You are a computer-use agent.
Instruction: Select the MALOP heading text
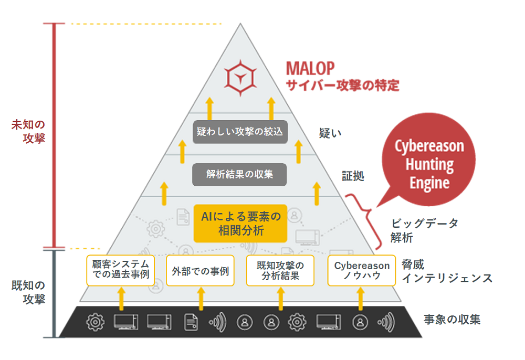311,68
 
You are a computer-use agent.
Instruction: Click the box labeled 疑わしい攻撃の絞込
240,132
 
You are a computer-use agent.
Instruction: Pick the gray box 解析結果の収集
239,174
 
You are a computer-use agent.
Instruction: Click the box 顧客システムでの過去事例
121,270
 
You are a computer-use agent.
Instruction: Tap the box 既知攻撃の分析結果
280,270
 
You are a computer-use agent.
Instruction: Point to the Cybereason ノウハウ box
362,270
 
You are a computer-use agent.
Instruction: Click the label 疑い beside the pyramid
330,133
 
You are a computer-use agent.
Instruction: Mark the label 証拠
352,176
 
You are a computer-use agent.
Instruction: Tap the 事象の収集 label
451,319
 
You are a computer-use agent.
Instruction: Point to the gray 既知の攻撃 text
28,292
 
